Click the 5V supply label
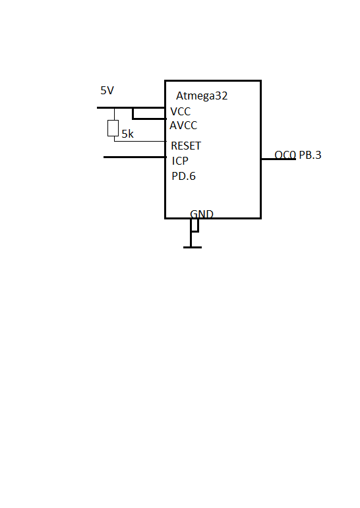pos(107,90)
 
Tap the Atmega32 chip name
pos(202,96)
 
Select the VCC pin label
pos(180,112)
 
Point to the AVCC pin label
pos(183,125)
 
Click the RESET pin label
pos(186,146)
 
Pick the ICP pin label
pos(181,161)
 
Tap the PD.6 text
pos(184,177)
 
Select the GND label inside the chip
pos(202,214)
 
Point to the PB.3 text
pos(310,155)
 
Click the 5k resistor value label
pos(127,134)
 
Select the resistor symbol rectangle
pos(113,128)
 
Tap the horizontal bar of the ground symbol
pos(192,247)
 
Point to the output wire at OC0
pos(279,159)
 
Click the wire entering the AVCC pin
pos(148,119)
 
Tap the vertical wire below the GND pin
pos(191,239)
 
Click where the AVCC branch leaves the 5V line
pos(133,108)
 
